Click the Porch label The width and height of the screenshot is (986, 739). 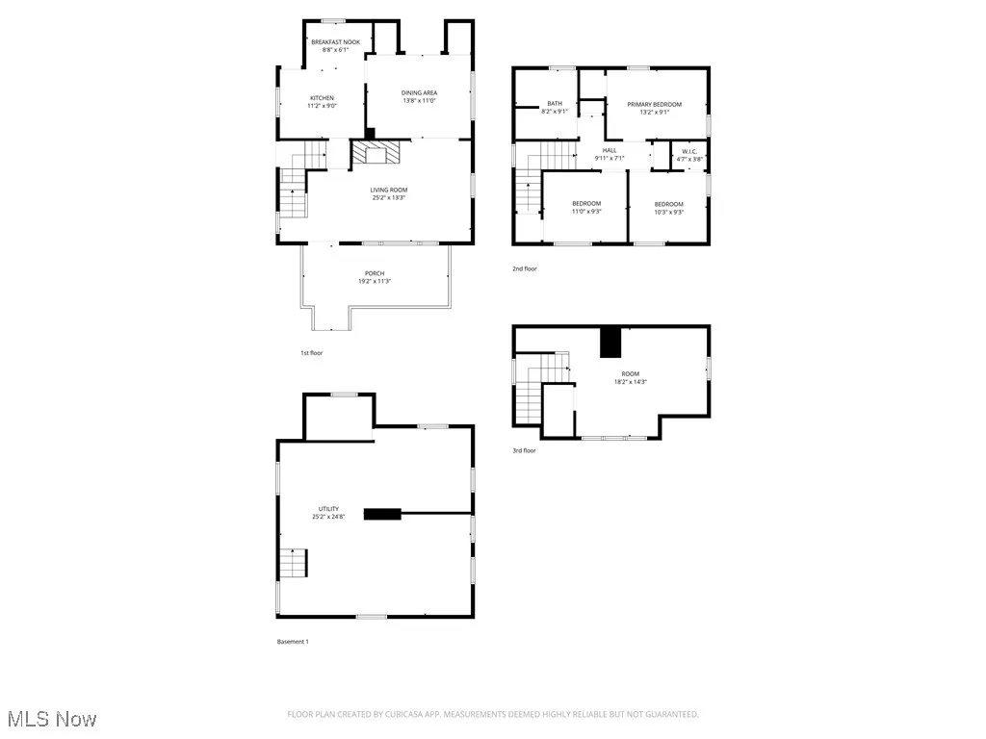pyautogui.click(x=375, y=277)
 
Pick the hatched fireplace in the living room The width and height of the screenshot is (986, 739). pyautogui.click(x=373, y=153)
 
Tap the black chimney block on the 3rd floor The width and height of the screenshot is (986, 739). pyautogui.click(x=610, y=343)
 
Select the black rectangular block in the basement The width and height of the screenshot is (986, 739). pyautogui.click(x=381, y=514)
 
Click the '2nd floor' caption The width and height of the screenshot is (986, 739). pyautogui.click(x=525, y=268)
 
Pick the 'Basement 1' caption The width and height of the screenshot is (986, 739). pyautogui.click(x=292, y=641)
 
